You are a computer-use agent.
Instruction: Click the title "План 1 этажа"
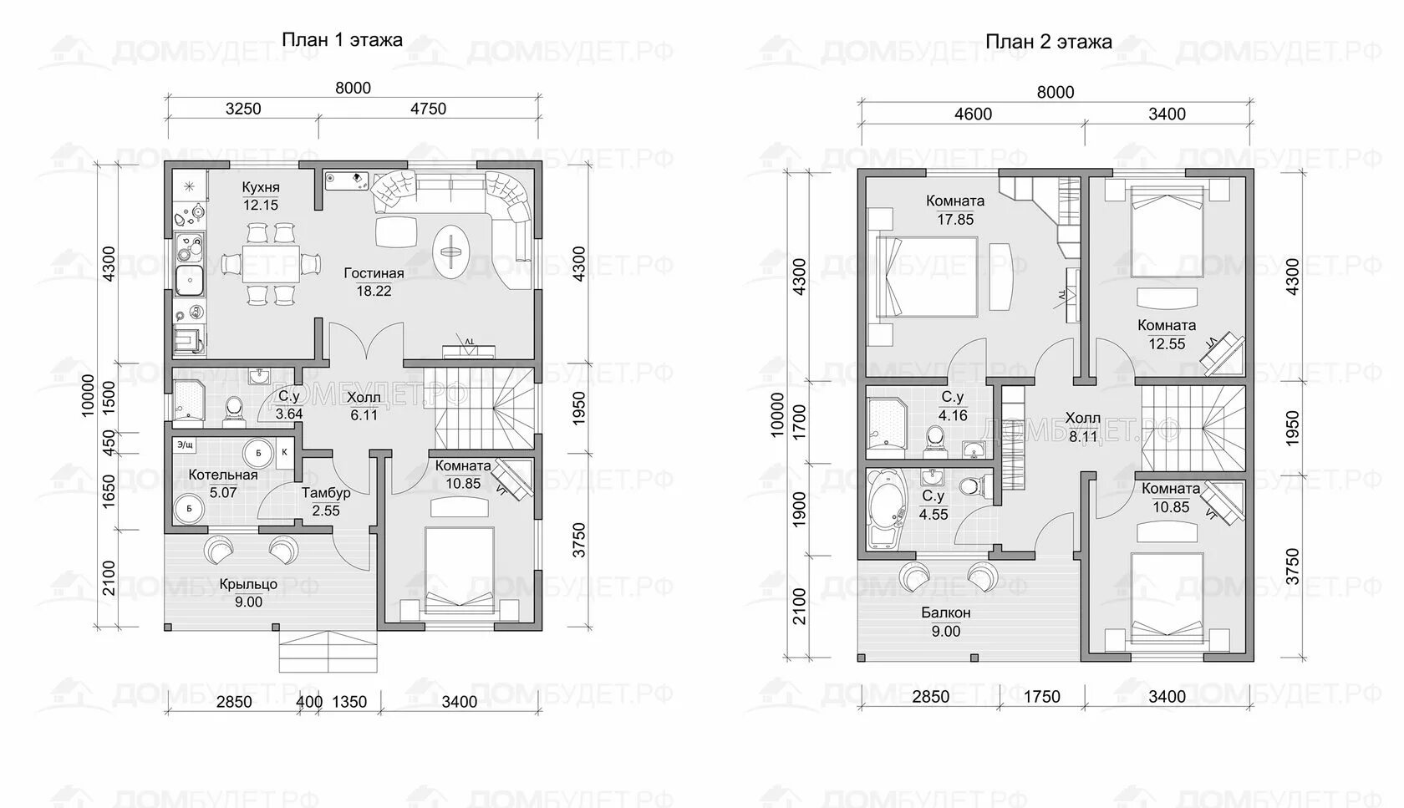[342, 39]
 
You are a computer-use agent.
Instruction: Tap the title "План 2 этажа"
[1049, 42]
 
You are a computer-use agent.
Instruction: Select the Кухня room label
[261, 187]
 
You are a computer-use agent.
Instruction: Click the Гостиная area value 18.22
[374, 291]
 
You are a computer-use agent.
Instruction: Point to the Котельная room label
[223, 475]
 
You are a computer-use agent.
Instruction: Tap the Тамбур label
[326, 493]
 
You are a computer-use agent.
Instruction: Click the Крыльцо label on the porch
[248, 584]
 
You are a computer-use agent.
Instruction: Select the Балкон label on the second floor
[946, 612]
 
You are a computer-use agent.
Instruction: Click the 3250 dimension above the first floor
[243, 109]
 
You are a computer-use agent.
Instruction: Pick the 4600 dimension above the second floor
[973, 114]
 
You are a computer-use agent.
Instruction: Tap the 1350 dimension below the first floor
[349, 701]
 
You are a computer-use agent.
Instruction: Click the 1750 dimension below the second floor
[1041, 696]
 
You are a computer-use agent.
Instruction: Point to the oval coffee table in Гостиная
[450, 252]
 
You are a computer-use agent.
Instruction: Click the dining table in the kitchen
[271, 263]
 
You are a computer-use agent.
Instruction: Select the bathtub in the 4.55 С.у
[885, 508]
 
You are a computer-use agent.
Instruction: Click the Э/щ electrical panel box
[186, 445]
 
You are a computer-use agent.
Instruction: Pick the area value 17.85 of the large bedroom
[955, 220]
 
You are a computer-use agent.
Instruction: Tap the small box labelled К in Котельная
[284, 452]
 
